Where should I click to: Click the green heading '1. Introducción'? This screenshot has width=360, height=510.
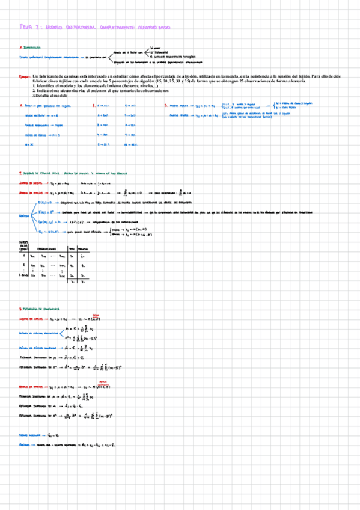coord(31,47)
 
